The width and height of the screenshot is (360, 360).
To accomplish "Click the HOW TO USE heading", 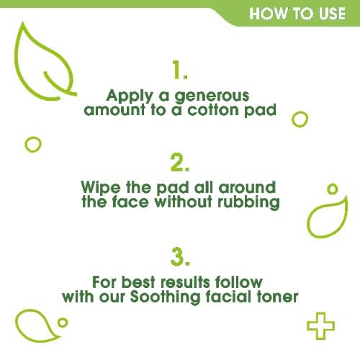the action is tap(297, 14).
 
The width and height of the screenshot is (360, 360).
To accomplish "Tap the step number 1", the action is tap(180, 70).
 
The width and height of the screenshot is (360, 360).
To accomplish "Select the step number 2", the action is tap(180, 162).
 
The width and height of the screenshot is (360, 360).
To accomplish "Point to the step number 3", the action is tap(180, 256).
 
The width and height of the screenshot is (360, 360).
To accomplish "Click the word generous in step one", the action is tap(212, 96).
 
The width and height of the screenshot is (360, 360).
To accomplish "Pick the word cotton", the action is tap(212, 110).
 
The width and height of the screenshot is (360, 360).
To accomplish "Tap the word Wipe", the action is tap(101, 187).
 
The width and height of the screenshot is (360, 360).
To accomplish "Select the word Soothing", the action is tap(165, 297).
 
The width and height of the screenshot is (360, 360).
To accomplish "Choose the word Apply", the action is tap(130, 96).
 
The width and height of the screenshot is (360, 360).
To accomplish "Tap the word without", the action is tap(184, 201).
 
